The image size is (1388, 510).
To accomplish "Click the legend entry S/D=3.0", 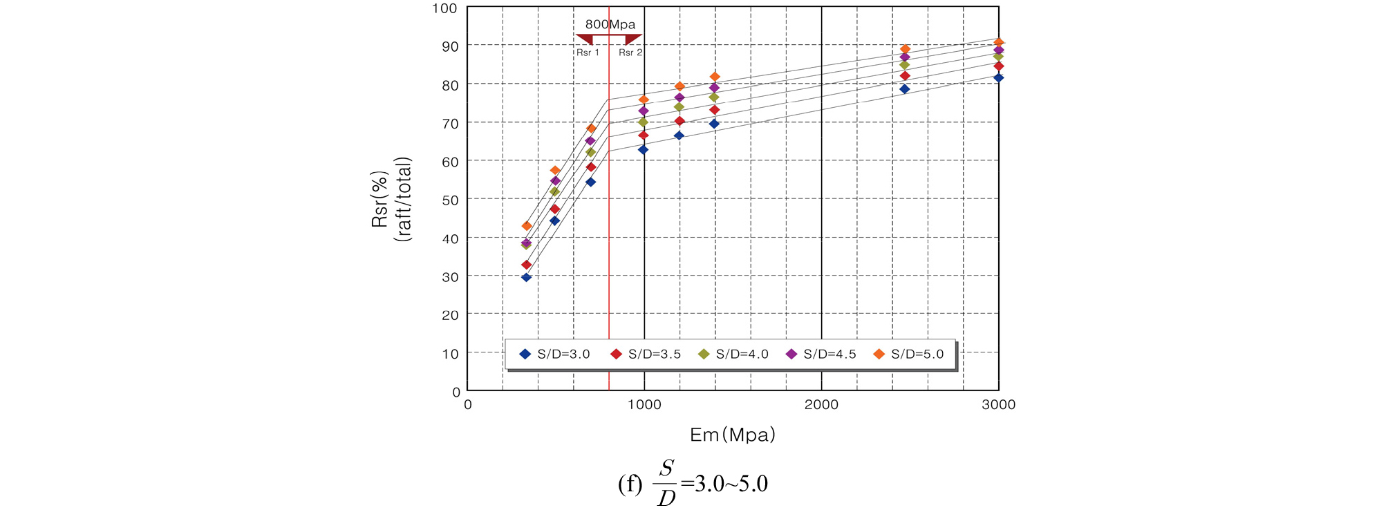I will [554, 355].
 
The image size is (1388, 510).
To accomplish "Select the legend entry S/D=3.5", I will [646, 355].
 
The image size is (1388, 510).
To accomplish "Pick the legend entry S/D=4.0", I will [733, 355].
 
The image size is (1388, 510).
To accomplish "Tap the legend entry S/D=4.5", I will [821, 355].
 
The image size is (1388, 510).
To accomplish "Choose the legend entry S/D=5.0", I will [909, 355].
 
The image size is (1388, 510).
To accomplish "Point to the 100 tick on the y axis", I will [444, 8].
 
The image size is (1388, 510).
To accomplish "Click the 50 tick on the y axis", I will [450, 200].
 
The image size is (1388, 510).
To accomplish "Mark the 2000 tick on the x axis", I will [821, 405].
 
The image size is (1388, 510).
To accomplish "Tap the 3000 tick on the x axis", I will [998, 405].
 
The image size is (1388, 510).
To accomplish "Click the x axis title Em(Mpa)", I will [733, 435].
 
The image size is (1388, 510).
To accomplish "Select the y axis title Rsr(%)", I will [379, 199].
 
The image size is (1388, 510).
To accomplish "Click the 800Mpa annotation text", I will [610, 25].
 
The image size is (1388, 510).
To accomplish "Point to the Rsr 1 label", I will [588, 53].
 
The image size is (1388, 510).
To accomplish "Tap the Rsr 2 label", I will [630, 53].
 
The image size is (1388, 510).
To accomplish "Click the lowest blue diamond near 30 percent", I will [526, 277].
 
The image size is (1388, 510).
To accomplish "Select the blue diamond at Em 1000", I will [644, 149].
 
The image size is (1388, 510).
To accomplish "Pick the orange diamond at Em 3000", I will [998, 43].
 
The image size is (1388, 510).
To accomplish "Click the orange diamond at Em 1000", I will [644, 100].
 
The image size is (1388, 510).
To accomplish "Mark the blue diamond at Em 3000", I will [998, 78].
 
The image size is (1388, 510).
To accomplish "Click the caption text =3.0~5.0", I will [724, 484].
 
